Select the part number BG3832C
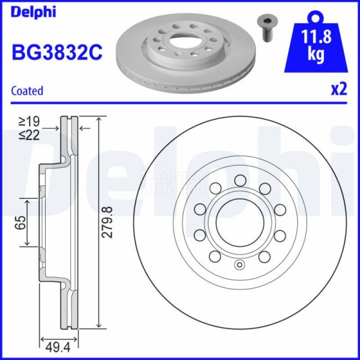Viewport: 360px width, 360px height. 57,53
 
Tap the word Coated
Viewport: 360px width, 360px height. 28,91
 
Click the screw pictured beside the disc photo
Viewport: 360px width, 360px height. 266,27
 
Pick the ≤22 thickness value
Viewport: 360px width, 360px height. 29,136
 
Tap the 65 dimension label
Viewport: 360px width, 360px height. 20,223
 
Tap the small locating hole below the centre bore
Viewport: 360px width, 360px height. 240,266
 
